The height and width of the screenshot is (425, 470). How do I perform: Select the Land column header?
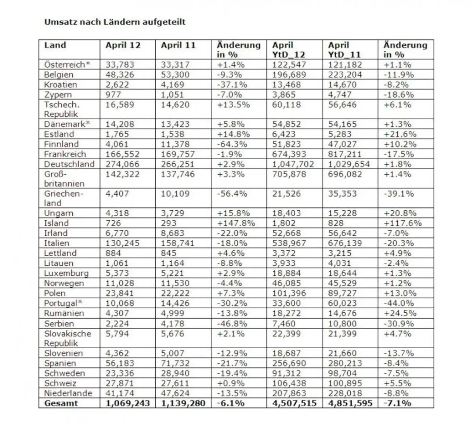click(55, 46)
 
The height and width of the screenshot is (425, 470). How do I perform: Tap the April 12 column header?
click(123, 46)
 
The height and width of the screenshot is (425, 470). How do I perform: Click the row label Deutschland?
click(69, 164)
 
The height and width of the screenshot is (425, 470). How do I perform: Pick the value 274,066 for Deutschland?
click(122, 164)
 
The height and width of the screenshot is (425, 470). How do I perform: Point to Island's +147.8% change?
click(236, 223)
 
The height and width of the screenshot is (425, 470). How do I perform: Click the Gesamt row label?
click(61, 403)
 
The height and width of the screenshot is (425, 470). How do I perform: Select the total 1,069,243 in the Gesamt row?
click(128, 403)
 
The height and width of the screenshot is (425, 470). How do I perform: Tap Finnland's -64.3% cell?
click(232, 144)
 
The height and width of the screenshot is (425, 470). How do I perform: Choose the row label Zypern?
click(58, 95)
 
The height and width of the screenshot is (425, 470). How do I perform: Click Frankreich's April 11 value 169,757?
click(178, 154)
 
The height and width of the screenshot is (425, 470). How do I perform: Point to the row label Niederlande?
click(68, 393)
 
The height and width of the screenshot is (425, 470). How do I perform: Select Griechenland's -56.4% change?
click(232, 194)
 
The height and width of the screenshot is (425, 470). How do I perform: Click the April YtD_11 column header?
click(344, 50)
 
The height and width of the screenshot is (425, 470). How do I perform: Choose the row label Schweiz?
click(60, 384)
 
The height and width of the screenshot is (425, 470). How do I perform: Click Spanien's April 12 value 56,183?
click(120, 363)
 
